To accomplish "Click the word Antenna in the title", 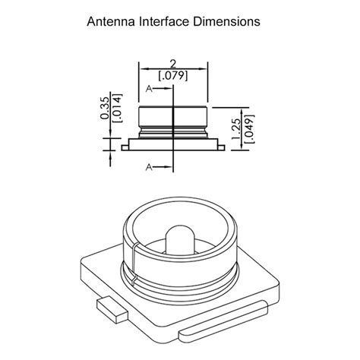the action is (x=111, y=21).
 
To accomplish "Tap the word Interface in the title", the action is (x=164, y=21).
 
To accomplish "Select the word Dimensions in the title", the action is (x=227, y=21).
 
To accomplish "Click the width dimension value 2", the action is (x=173, y=64).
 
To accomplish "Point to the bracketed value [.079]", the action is (x=173, y=75).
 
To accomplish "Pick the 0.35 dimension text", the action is (x=105, y=109).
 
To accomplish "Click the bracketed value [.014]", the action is (x=118, y=109).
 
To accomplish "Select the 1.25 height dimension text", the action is (x=237, y=129).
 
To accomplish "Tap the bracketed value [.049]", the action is (x=249, y=129).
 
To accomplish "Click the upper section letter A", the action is (x=149, y=89).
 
